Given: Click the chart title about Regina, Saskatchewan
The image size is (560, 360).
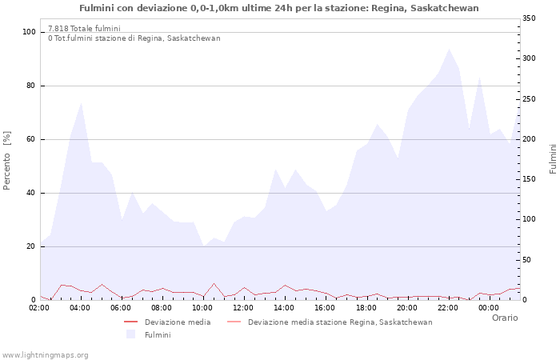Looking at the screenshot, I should (279, 8).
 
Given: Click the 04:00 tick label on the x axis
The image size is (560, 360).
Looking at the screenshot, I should (81, 307).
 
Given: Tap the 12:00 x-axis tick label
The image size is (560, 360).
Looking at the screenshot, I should (244, 307).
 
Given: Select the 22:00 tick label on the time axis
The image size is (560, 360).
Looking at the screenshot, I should (448, 307).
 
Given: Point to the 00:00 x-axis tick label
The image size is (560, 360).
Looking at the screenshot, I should (489, 307).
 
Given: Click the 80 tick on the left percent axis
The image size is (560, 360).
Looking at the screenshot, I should (31, 86).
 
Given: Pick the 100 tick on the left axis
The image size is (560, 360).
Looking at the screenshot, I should (30, 32).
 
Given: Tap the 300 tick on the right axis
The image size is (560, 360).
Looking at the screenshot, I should (530, 58).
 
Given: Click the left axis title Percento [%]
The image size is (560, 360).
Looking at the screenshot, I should (8, 161).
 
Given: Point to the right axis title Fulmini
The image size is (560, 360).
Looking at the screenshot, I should (552, 159).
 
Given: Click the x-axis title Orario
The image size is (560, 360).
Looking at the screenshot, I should (505, 318).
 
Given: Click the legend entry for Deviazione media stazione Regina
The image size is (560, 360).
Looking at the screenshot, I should (340, 322).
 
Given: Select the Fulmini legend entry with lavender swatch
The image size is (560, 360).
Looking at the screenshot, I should (158, 335).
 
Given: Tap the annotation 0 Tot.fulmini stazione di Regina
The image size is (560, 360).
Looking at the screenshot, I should (134, 38).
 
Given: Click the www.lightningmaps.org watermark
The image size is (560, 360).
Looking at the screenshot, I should (45, 354).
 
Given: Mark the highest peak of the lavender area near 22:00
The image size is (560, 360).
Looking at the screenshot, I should (449, 49).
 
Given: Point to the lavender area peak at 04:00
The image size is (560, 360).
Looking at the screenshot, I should (82, 102).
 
